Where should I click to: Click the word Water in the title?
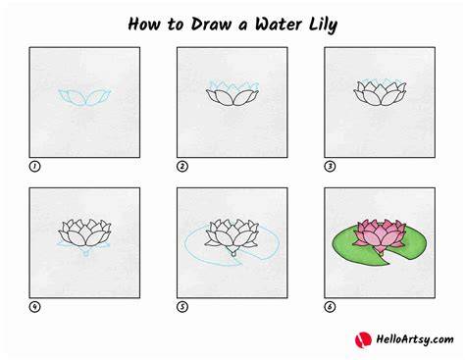279,25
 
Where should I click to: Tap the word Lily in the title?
323,26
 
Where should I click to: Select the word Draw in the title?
211,25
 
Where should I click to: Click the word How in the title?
144,25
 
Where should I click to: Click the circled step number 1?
34,167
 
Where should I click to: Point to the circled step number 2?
182,167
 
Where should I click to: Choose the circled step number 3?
330,167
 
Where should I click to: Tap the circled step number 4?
34,307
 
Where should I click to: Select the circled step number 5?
182,307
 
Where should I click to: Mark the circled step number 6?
330,307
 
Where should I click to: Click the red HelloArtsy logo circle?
363,339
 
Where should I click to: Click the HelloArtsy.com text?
415,339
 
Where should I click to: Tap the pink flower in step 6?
380,235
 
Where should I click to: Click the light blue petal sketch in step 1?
84,97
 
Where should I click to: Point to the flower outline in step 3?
380,93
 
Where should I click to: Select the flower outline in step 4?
84,232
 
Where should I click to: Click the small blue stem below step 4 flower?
86,252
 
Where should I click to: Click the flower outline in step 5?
232,236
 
